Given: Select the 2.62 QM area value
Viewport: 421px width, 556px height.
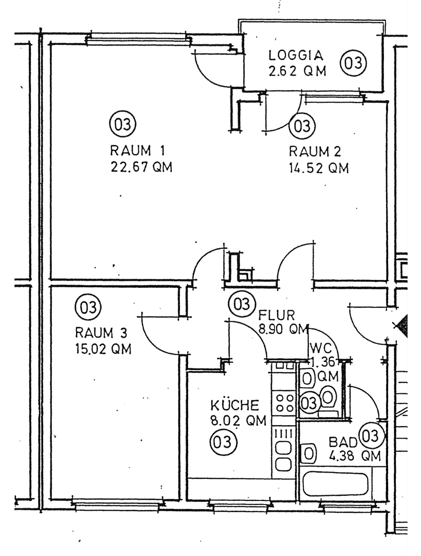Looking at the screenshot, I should (297, 71).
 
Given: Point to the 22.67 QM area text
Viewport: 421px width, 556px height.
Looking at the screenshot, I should (141, 167).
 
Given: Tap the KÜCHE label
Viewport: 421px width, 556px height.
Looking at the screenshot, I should (234, 405).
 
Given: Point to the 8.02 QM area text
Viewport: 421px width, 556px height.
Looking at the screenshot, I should (238, 421).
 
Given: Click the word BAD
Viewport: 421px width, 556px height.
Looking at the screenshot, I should (343, 442).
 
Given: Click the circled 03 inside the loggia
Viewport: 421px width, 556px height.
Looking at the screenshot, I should (354, 63).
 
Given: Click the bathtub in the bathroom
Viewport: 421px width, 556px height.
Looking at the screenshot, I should (335, 483).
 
